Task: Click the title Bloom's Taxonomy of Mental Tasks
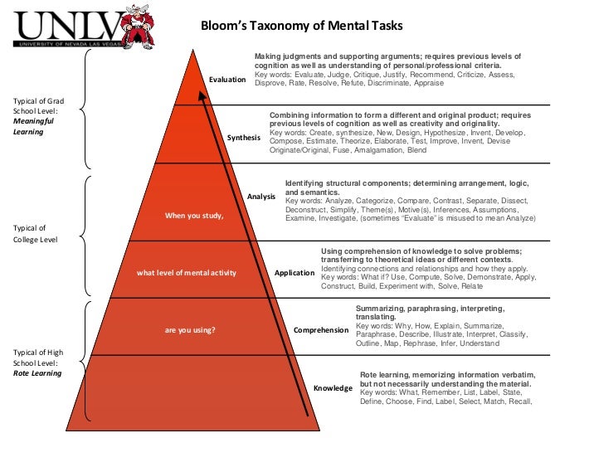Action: tap(301, 26)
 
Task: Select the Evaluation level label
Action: tap(227, 80)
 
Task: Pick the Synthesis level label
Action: tap(243, 137)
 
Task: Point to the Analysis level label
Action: tap(261, 196)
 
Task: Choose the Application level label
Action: tap(295, 272)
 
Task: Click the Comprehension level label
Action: tap(320, 330)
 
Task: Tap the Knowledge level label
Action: tap(333, 387)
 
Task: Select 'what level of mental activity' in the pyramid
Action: tap(187, 273)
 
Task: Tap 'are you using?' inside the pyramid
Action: tap(190, 330)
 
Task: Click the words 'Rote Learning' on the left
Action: tap(37, 373)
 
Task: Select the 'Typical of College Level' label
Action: tap(34, 233)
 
